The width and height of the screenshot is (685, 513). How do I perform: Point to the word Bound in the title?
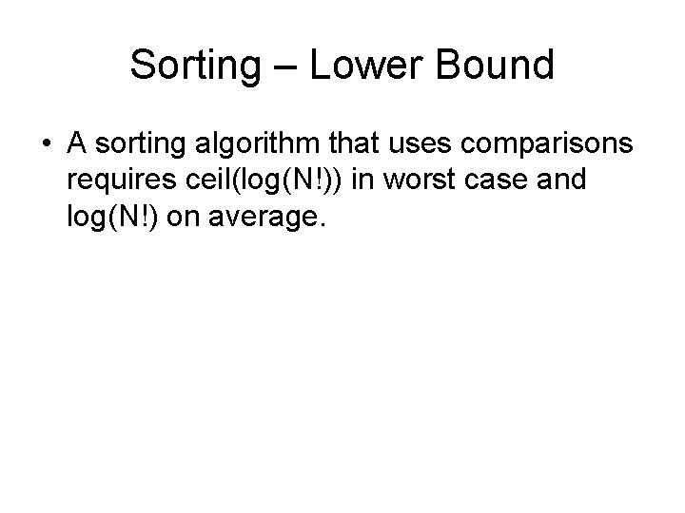(497, 66)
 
